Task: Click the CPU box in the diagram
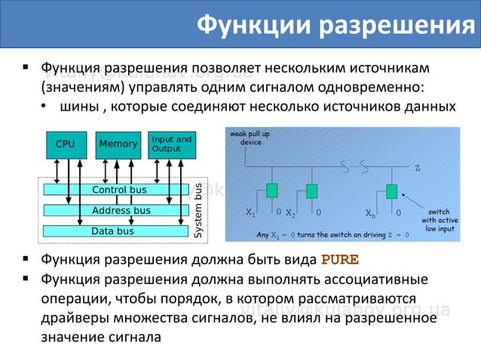pyautogui.click(x=66, y=144)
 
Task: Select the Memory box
pyautogui.click(x=118, y=144)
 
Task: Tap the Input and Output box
pyautogui.click(x=171, y=143)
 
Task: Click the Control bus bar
pyautogui.click(x=118, y=190)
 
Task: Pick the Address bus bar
pyautogui.click(x=118, y=210)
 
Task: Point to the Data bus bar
pyautogui.click(x=113, y=230)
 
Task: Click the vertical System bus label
pyautogui.click(x=199, y=211)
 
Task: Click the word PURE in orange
pyautogui.click(x=340, y=261)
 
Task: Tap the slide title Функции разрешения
pyautogui.click(x=330, y=25)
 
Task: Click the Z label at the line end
pyautogui.click(x=417, y=167)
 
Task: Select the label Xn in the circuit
pyautogui.click(x=370, y=213)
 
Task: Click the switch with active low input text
pyautogui.click(x=438, y=220)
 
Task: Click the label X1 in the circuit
pyautogui.click(x=252, y=213)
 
